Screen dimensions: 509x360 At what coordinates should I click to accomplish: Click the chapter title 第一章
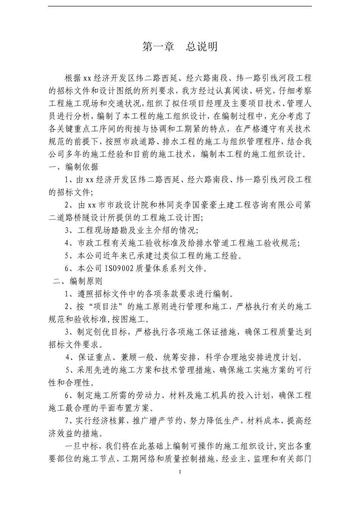pyautogui.click(x=158, y=47)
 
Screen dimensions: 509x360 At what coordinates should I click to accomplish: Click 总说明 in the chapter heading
pyautogui.click(x=202, y=47)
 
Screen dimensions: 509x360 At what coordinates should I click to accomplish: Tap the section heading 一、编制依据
pyautogui.click(x=74, y=167)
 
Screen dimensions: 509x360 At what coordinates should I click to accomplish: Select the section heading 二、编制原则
pyautogui.click(x=77, y=281)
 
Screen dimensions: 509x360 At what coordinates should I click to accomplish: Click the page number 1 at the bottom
pyautogui.click(x=180, y=472)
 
